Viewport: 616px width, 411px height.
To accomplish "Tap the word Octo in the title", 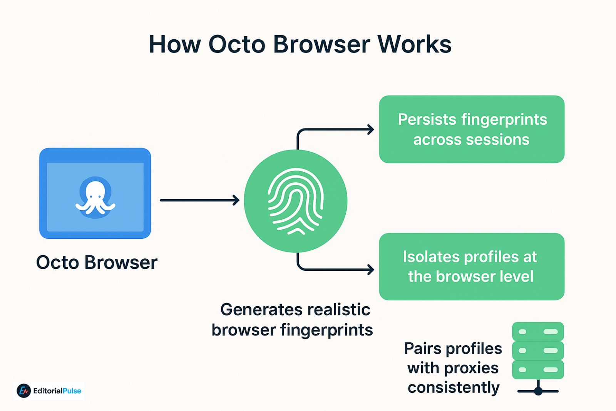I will pos(237,44).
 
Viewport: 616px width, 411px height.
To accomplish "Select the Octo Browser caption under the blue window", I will pos(97,263).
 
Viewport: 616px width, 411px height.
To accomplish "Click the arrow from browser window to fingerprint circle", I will pos(199,200).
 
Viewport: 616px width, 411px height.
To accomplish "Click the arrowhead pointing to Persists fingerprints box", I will pos(370,129).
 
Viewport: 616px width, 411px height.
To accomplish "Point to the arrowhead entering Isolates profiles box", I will pos(370,269).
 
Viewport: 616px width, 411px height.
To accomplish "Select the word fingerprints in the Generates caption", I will pos(326,330).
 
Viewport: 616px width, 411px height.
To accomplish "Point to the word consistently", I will pos(454,388).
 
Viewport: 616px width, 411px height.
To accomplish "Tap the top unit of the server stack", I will pos(538,332).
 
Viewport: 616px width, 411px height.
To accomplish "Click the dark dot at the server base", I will pos(538,391).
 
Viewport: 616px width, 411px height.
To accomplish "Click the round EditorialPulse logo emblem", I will pos(24,391).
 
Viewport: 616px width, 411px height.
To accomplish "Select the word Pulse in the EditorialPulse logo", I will pos(72,391).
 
